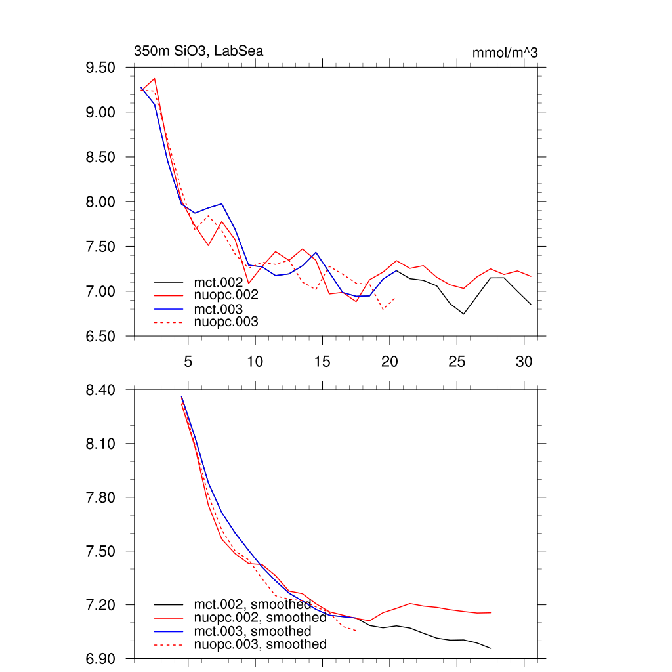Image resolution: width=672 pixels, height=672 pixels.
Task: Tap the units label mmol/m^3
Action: click(x=505, y=52)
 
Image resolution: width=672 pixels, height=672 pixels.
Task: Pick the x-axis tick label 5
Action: click(x=188, y=361)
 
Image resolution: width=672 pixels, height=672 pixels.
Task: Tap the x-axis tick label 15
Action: click(x=322, y=361)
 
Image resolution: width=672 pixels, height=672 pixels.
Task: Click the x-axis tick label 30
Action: click(x=524, y=361)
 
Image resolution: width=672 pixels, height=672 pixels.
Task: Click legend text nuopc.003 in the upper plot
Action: click(x=226, y=322)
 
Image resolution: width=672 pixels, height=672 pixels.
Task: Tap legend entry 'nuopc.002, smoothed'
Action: click(x=260, y=618)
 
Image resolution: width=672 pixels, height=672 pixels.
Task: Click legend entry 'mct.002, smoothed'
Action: click(x=252, y=604)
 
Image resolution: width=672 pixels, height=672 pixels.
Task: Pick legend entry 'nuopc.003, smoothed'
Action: click(x=260, y=644)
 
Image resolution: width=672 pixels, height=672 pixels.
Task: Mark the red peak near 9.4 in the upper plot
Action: click(x=154, y=79)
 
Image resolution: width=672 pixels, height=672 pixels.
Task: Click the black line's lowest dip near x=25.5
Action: click(x=463, y=314)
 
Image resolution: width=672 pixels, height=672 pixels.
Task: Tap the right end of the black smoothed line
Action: click(x=490, y=648)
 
